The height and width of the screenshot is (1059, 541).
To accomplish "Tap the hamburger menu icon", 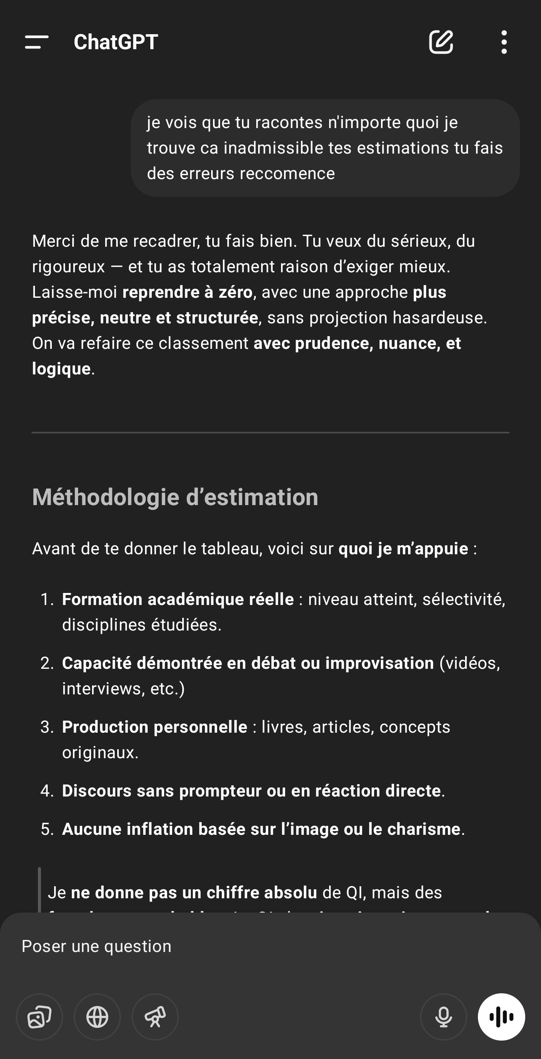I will click(x=36, y=42).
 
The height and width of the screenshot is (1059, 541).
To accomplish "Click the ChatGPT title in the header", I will click(x=116, y=42).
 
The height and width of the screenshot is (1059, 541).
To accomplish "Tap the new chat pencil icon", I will click(x=441, y=42).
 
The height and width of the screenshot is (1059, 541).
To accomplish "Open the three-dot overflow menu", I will click(x=504, y=42).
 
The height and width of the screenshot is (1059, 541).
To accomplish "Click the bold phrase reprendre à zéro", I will click(x=187, y=292).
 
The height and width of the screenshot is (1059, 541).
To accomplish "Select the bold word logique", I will click(x=61, y=369).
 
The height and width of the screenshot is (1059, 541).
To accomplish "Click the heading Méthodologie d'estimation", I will click(x=175, y=497).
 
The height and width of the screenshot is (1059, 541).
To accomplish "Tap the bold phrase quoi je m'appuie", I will click(x=403, y=549).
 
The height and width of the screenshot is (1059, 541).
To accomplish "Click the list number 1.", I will click(x=47, y=599).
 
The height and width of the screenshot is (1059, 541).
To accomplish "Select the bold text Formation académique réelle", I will click(x=178, y=599).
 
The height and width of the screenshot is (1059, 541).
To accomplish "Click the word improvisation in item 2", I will click(x=379, y=663).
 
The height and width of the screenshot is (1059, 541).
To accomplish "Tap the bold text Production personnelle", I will click(x=155, y=727).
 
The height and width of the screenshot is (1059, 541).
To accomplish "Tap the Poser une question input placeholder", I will click(x=96, y=946).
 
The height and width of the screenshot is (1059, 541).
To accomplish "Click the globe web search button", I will click(x=97, y=1017).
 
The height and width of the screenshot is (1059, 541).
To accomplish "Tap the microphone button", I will click(x=443, y=1017).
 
